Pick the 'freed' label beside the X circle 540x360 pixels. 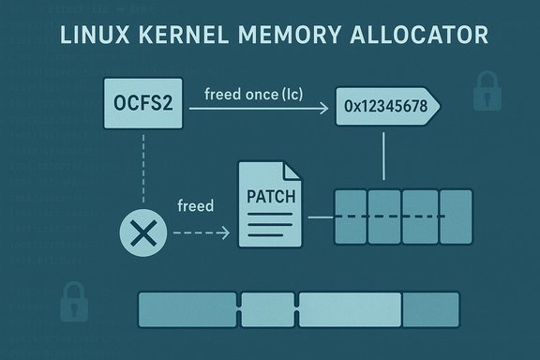point(195,204)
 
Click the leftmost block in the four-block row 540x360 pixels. point(352,217)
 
